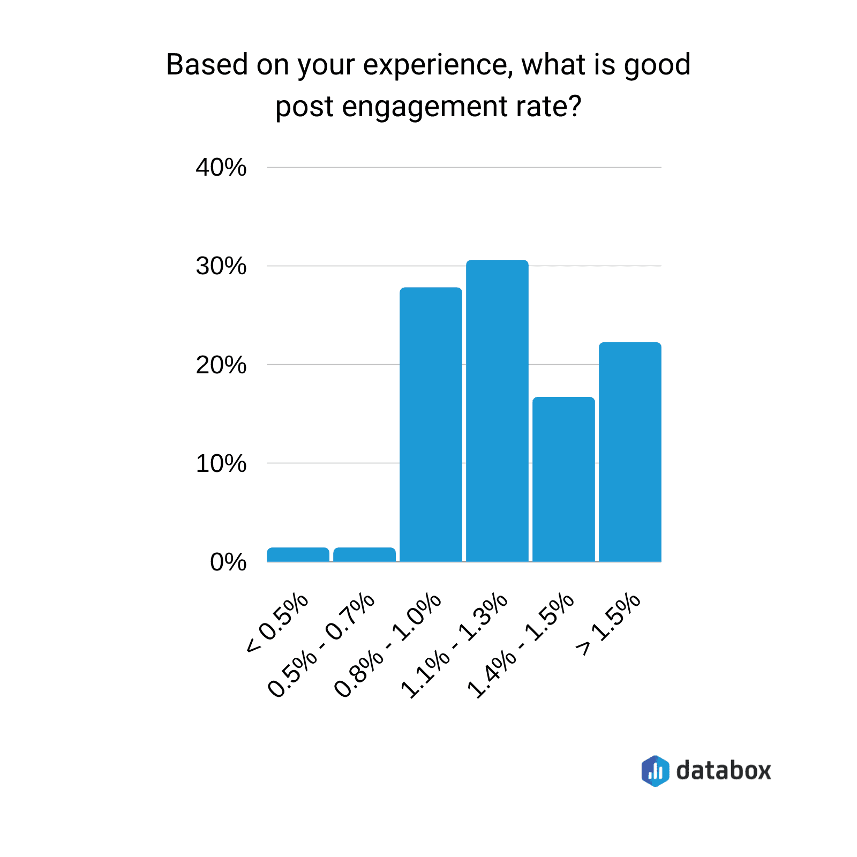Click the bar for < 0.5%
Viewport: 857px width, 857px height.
click(x=298, y=555)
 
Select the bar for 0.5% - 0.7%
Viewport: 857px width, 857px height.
click(x=364, y=555)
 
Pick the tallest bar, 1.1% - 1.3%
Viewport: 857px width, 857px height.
click(x=497, y=411)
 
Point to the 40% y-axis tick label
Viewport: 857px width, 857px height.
click(x=221, y=168)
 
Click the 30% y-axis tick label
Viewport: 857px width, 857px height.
click(x=221, y=266)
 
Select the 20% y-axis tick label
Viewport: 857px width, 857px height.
click(x=221, y=365)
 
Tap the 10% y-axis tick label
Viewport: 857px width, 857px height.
click(x=221, y=464)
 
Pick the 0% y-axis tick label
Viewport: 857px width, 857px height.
click(x=228, y=562)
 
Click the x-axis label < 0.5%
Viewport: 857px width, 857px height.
click(x=277, y=623)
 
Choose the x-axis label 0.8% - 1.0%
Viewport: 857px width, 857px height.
click(x=388, y=645)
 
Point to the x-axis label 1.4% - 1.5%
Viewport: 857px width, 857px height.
click(x=521, y=645)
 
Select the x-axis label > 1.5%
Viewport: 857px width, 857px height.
click(x=608, y=625)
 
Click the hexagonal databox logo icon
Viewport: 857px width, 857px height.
click(x=655, y=771)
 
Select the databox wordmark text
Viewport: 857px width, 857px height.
click(x=723, y=771)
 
